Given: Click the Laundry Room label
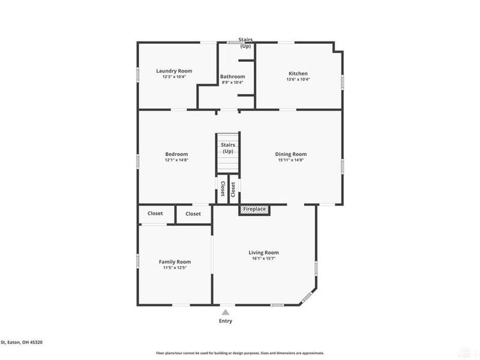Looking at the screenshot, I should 174,71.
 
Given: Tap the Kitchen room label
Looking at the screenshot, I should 298,73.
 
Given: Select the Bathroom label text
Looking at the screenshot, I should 232,76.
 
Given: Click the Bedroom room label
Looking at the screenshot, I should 176,154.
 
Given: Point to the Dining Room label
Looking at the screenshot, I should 291,154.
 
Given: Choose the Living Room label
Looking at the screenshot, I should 264,253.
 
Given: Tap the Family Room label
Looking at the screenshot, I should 175,262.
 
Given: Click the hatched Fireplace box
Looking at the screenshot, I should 255,209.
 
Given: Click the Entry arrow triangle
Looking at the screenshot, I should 226,312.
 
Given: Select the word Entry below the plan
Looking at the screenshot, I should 226,321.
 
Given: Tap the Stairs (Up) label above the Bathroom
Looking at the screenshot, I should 245,43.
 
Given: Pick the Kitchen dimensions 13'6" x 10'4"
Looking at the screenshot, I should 298,79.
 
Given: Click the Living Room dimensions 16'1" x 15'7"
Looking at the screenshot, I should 264,259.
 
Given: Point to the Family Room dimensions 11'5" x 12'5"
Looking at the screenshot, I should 175,268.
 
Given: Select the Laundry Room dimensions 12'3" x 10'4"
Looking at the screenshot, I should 174,77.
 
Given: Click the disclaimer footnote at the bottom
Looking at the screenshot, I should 240,353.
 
